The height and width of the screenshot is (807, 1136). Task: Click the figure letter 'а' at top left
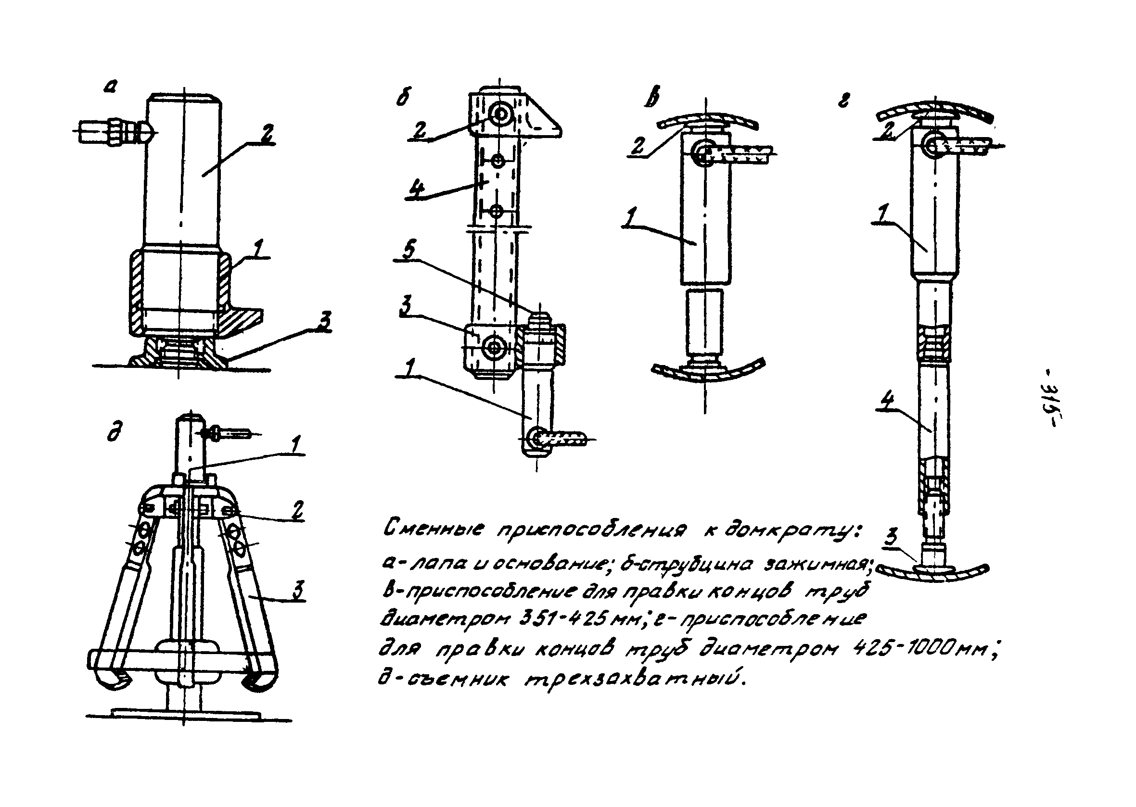tap(110, 88)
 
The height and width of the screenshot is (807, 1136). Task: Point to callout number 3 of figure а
tap(324, 322)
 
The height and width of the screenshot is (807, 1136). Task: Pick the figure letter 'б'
tap(403, 99)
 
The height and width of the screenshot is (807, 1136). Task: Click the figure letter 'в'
tap(651, 99)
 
